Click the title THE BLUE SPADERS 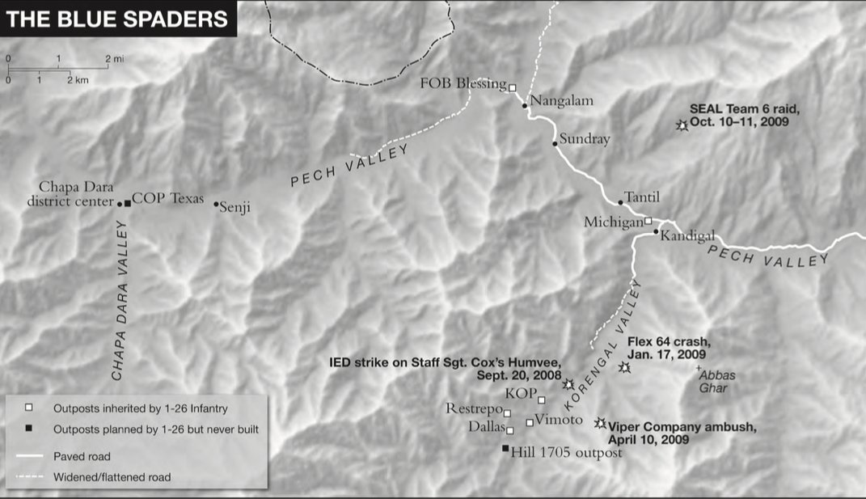pos(117,19)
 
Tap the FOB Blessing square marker pos(512,87)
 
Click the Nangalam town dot pos(525,105)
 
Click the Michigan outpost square pos(648,220)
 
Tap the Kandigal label pos(687,236)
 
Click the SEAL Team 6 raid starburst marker pos(682,125)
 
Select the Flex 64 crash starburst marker pos(624,368)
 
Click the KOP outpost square pos(542,400)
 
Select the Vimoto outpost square pos(530,422)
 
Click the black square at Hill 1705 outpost pos(506,449)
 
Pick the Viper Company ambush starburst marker pos(600,423)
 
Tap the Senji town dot pos(216,204)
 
